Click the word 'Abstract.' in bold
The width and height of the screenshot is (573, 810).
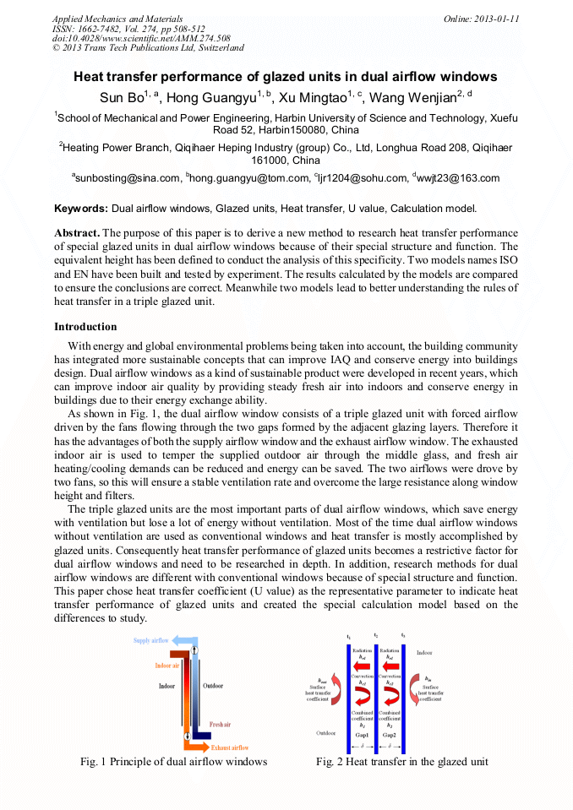click(77, 232)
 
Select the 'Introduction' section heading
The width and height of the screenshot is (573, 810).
click(85, 327)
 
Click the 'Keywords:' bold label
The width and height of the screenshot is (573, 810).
click(81, 208)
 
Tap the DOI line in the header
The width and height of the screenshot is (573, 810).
click(141, 39)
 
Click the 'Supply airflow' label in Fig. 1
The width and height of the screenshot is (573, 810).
click(151, 641)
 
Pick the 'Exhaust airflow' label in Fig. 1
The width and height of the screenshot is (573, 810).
click(230, 747)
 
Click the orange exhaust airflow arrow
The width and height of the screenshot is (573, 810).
click(199, 747)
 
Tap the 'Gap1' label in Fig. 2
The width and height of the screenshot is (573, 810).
click(362, 735)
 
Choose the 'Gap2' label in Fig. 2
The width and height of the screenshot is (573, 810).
click(390, 735)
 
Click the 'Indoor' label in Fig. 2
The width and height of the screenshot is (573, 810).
click(424, 653)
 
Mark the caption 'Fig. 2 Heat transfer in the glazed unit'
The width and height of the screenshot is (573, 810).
click(401, 761)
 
